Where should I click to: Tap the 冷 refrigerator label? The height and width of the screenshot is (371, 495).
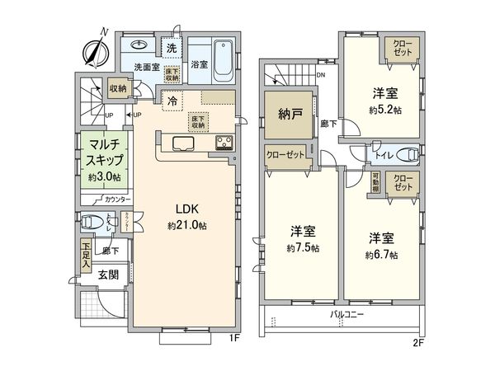[x=172, y=101]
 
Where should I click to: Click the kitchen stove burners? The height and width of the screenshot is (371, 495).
[x=224, y=143]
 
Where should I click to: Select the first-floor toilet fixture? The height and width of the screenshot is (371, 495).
[x=93, y=222]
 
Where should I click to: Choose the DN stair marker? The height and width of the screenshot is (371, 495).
[x=321, y=74]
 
